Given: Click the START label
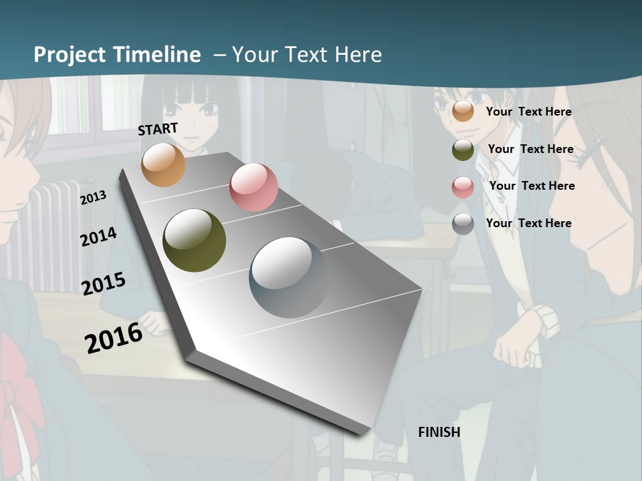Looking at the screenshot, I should (x=158, y=128).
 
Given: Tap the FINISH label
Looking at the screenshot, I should (x=439, y=432).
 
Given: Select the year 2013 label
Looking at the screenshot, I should (x=93, y=197).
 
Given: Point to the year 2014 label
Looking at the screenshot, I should (x=98, y=237).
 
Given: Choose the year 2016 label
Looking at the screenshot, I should (x=114, y=337).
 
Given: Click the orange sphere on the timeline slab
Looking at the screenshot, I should (x=164, y=164).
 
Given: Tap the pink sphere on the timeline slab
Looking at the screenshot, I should (x=253, y=187).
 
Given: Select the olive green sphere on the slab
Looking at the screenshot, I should (x=195, y=240).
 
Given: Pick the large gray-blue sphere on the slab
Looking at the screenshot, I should (x=288, y=277).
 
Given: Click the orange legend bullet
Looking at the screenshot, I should (x=463, y=112).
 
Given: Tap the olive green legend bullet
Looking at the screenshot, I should (x=463, y=150).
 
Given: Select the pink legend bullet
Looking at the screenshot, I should (x=463, y=187).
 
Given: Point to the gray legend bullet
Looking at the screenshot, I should (x=463, y=224).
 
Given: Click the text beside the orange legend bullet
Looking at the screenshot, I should (x=528, y=112).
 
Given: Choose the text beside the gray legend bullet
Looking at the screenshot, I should (x=528, y=223).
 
